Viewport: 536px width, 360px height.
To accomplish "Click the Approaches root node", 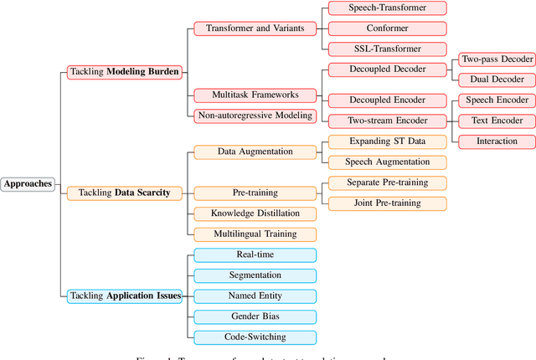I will [28, 183].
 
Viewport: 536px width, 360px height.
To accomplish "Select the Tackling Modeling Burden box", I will [124, 73].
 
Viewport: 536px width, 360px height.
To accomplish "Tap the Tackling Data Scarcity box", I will [124, 193].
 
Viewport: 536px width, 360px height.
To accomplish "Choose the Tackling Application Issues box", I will [124, 296].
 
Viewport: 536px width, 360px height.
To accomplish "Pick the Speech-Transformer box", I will [387, 8].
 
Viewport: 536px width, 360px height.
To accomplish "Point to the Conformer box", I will [387, 28].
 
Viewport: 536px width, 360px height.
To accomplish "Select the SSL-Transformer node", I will [387, 49].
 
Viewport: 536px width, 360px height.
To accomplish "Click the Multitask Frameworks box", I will [255, 95].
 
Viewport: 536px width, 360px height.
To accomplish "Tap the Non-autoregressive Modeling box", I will [255, 115].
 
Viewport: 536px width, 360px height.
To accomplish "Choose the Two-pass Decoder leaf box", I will [497, 59].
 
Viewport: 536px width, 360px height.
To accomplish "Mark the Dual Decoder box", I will [497, 80].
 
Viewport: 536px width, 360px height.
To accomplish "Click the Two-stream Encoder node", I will [387, 121].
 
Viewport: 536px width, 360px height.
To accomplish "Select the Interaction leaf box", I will [497, 141].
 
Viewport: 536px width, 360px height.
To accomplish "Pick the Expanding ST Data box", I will [387, 141].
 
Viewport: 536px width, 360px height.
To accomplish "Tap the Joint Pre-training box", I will [387, 203].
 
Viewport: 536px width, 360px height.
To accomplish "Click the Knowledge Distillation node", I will [255, 213].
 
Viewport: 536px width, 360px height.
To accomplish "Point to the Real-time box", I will [255, 255].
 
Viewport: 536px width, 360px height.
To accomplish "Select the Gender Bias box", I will [255, 316].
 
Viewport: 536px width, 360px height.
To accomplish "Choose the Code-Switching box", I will [255, 337].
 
